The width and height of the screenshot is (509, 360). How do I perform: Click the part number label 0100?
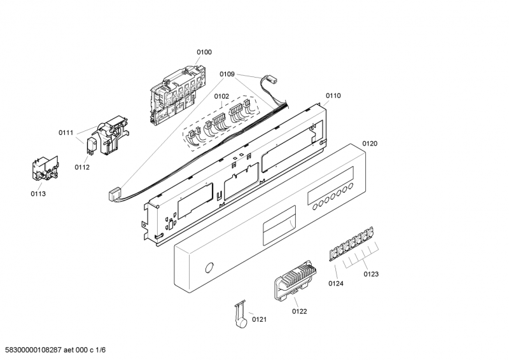tap(204, 52)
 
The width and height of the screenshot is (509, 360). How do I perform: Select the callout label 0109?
tap(227, 74)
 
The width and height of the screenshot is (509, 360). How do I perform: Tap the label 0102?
tap(221, 97)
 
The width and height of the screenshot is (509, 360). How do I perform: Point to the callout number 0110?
tap(333, 96)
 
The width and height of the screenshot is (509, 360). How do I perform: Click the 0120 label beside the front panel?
tap(370, 144)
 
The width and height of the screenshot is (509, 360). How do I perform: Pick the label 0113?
tap(38, 194)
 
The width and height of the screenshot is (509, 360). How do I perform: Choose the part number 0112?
tap(82, 167)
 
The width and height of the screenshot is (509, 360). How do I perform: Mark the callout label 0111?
tap(66, 133)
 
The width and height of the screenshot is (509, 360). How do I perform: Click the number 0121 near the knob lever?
tap(260, 320)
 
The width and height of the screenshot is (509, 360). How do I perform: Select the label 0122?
tap(299, 312)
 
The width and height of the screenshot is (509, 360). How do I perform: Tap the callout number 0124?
tap(336, 284)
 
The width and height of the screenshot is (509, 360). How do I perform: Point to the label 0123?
tap(371, 274)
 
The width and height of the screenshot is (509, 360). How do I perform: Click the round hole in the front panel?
tap(210, 268)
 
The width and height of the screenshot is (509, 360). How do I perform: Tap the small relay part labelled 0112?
tap(91, 146)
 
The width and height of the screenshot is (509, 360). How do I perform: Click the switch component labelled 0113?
tap(45, 169)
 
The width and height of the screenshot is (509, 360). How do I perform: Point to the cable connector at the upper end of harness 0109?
tap(272, 80)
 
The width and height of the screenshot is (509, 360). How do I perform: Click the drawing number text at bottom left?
tap(53, 350)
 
